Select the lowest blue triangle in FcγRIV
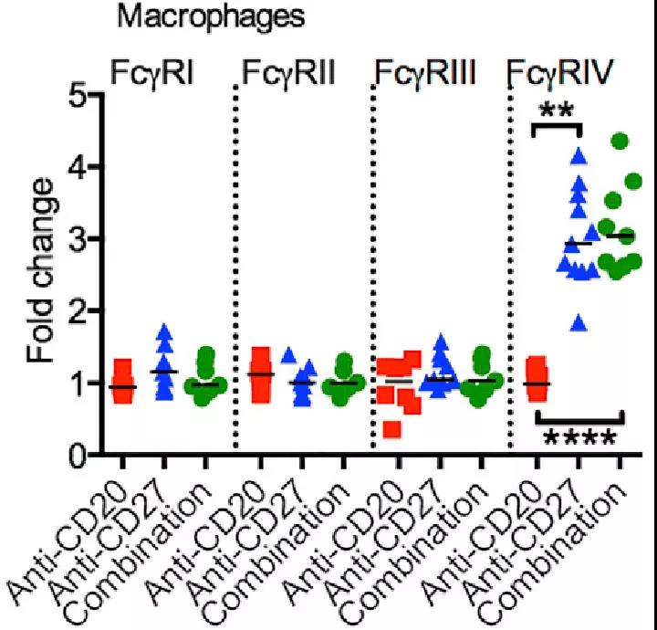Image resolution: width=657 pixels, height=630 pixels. pos(578,321)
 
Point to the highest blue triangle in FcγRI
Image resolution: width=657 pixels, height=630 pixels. pos(164,333)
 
